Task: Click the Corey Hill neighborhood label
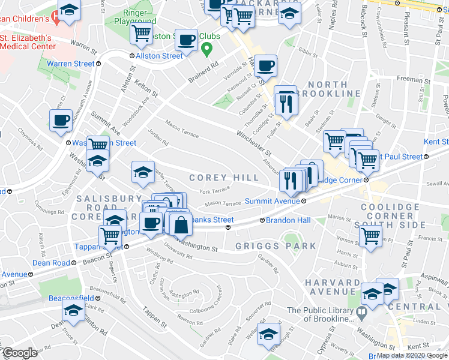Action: pos(224,178)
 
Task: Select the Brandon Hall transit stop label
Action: pos(289,221)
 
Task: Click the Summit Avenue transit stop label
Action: pos(273,202)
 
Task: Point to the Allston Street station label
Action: pos(159,56)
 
